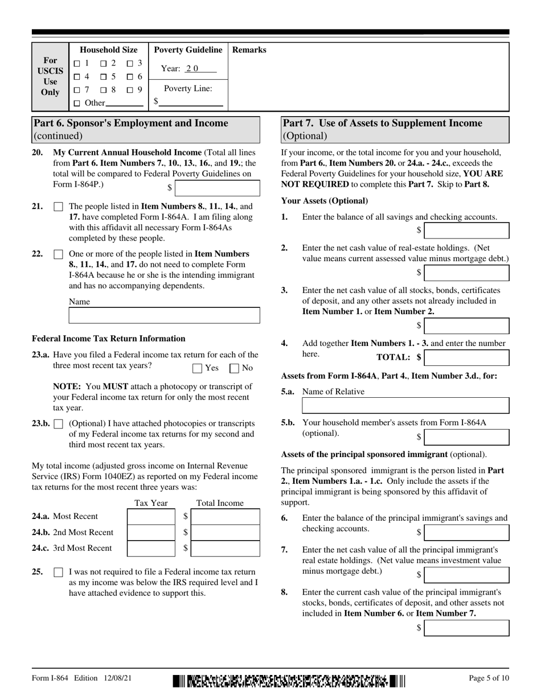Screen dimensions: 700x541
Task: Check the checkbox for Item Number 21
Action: point(58,207)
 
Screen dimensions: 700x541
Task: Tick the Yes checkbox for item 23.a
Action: point(198,368)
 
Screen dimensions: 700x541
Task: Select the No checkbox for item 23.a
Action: point(234,368)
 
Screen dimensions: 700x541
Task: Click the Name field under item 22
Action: point(164,315)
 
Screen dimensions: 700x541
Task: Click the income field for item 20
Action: point(218,188)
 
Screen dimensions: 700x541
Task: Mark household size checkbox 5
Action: point(104,76)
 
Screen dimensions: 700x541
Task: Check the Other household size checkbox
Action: point(77,103)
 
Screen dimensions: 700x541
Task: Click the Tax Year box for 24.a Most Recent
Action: point(151,516)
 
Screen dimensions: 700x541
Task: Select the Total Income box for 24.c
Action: point(226,548)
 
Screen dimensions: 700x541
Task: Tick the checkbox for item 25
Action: point(58,573)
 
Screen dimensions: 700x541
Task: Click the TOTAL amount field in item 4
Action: point(467,357)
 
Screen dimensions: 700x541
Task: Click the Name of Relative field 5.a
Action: point(405,405)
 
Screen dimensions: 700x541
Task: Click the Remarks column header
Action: point(249,50)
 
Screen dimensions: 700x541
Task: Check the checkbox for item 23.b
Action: point(58,424)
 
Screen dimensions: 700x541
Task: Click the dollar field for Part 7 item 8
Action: point(467,628)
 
